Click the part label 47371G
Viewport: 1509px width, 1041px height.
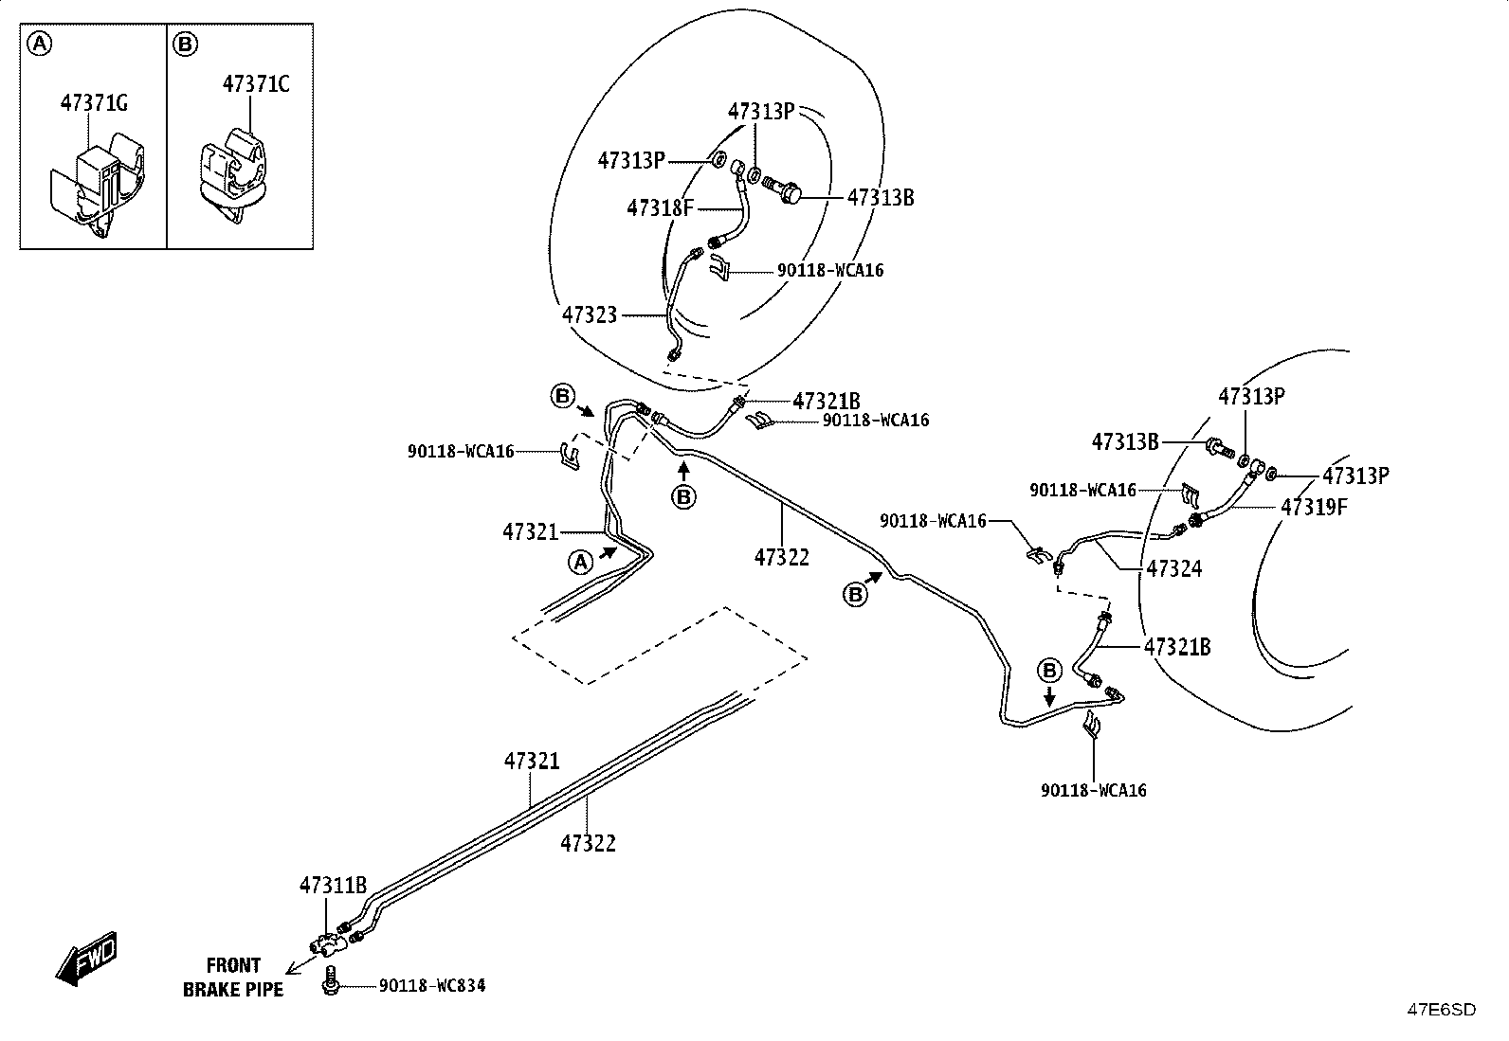94,103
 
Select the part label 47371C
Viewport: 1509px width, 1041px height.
256,84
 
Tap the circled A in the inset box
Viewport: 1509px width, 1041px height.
39,45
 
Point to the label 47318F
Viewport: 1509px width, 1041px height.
660,208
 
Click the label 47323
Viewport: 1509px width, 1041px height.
590,314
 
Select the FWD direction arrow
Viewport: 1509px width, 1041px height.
86,959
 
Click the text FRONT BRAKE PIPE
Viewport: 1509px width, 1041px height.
233,977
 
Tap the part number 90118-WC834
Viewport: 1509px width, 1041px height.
432,986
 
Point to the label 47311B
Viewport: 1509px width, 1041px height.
333,885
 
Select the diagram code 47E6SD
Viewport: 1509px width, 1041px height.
1441,1010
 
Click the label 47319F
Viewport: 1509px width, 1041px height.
1314,507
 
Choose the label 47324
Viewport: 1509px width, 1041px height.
1174,569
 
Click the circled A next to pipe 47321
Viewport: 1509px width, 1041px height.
581,562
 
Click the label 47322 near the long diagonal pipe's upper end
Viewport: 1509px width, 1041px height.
781,557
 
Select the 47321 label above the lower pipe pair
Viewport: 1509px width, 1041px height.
532,761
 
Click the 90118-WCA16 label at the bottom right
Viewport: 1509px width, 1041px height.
1093,791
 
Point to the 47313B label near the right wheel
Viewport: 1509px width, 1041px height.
1125,441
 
